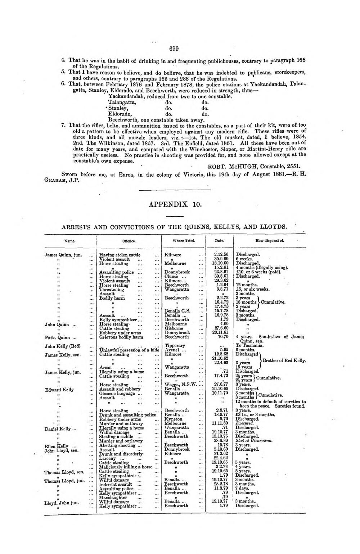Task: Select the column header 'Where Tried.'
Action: coord(184,241)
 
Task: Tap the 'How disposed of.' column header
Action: coord(270,241)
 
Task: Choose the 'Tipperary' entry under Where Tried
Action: coord(175,346)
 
